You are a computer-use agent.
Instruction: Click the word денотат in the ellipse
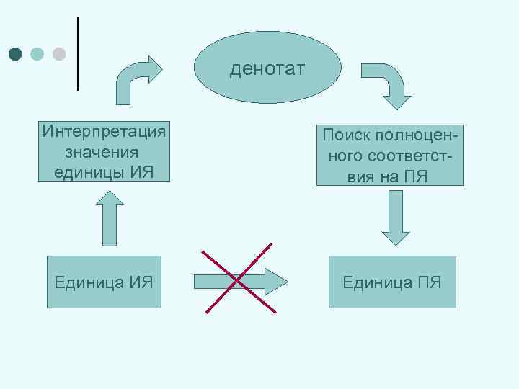267,69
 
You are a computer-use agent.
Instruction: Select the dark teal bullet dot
16,54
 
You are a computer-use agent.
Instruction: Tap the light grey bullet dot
59,54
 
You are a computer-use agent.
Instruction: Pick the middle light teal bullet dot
37,54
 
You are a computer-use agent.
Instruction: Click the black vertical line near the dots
77,53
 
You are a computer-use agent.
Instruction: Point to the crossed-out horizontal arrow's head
278,282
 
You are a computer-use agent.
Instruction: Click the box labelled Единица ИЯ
104,282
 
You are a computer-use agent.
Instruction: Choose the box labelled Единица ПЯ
392,282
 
